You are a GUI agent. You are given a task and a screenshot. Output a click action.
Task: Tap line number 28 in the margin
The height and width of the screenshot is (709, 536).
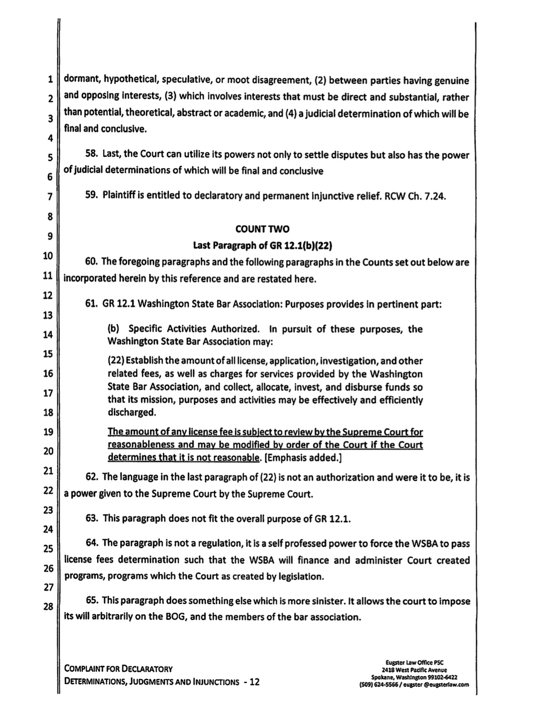coord(49,607)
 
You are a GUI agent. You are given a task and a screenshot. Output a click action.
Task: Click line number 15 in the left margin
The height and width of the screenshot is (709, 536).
coord(49,354)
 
